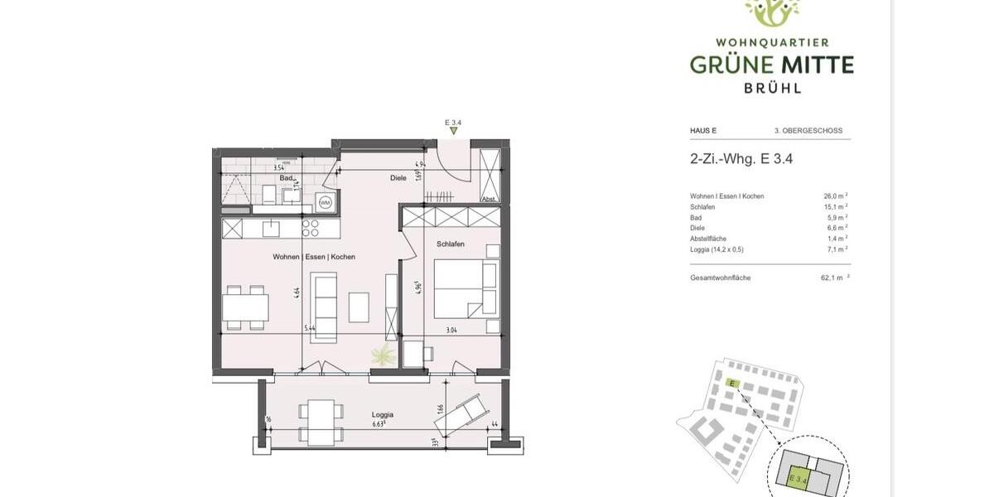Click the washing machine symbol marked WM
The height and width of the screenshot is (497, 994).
tap(324, 202)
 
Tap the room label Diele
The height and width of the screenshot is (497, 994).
tap(398, 178)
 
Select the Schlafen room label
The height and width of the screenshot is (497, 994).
tap(450, 244)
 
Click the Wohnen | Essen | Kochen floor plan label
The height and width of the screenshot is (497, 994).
tap(314, 257)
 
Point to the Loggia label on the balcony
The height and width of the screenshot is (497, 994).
tap(382, 414)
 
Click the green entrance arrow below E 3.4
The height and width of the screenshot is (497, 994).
tap(453, 131)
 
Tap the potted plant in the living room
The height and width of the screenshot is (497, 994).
tap(382, 356)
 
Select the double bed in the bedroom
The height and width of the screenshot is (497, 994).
tap(466, 287)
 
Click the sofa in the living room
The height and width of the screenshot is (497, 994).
tap(323, 306)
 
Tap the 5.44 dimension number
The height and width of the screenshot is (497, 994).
tap(310, 329)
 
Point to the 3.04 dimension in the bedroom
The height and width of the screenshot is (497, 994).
tap(452, 329)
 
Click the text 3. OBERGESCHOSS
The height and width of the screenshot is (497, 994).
tap(808, 131)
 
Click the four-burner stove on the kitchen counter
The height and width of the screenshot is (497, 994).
tap(310, 228)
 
